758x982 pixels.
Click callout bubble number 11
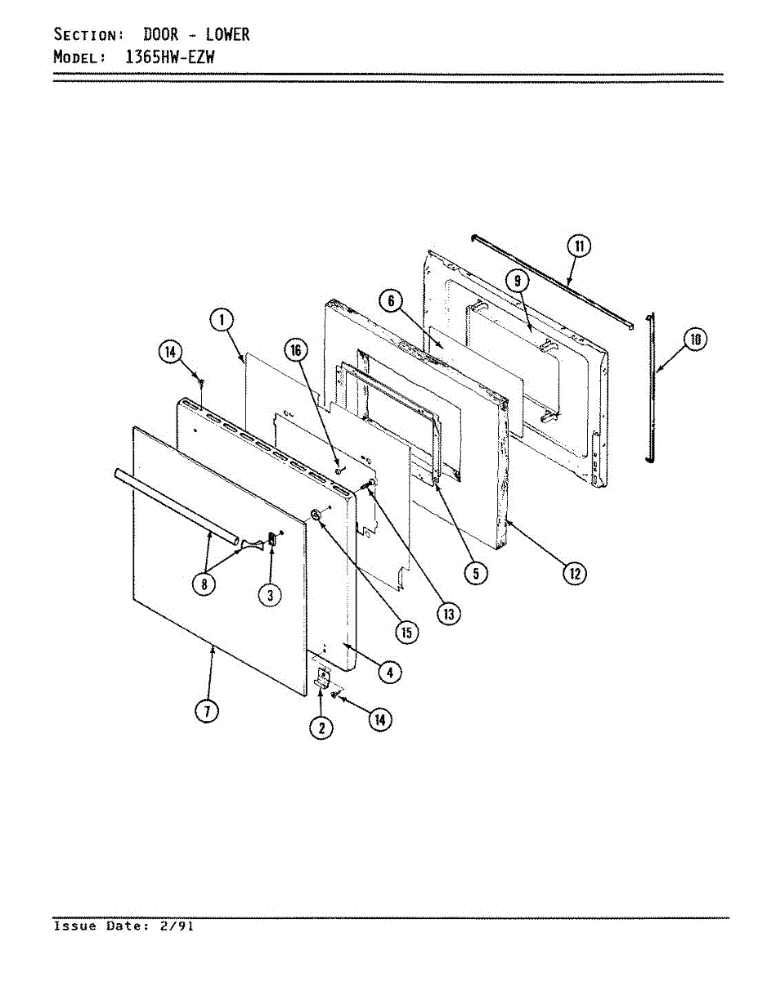[579, 246]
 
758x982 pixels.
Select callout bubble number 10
[694, 339]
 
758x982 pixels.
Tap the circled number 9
[518, 280]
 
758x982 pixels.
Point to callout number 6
[392, 302]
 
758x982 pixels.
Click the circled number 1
[221, 320]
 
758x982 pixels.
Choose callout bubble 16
[295, 350]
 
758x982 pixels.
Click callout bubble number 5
[473, 573]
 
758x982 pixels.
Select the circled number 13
[447, 613]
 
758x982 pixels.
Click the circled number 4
[389, 672]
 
